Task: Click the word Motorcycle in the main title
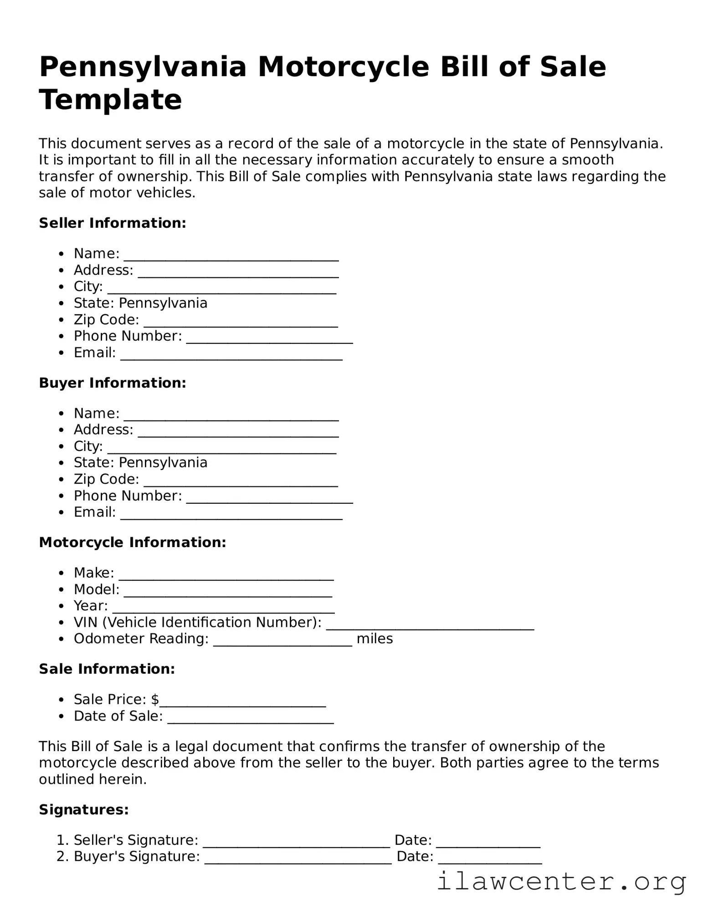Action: coord(344,67)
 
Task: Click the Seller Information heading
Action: coord(113,223)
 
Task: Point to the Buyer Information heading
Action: coord(113,383)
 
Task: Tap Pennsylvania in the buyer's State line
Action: coord(163,462)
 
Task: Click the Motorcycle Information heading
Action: coord(133,542)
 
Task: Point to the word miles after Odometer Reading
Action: coord(375,639)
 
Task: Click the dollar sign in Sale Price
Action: coord(155,699)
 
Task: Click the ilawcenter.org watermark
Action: coord(561,882)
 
